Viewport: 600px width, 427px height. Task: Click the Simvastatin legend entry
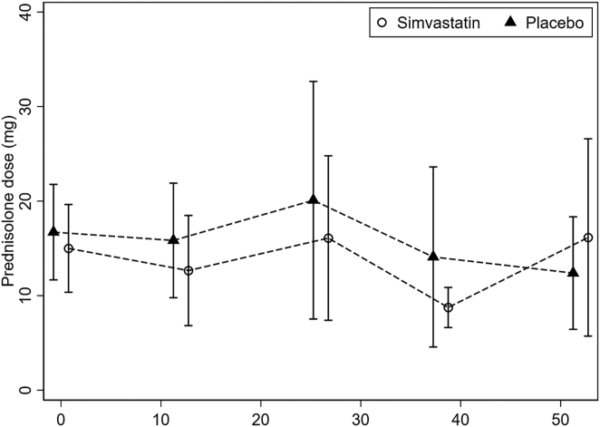425,21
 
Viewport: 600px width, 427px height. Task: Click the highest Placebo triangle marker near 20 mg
313,199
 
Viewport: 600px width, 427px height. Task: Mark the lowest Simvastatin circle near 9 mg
448,307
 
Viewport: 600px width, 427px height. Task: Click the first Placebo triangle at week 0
53,232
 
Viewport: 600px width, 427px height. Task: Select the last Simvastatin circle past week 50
588,238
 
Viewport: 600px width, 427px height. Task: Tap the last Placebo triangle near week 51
573,273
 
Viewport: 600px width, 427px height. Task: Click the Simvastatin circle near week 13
189,270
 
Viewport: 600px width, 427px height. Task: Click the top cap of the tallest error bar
313,82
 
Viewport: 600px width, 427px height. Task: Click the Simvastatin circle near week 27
328,238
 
